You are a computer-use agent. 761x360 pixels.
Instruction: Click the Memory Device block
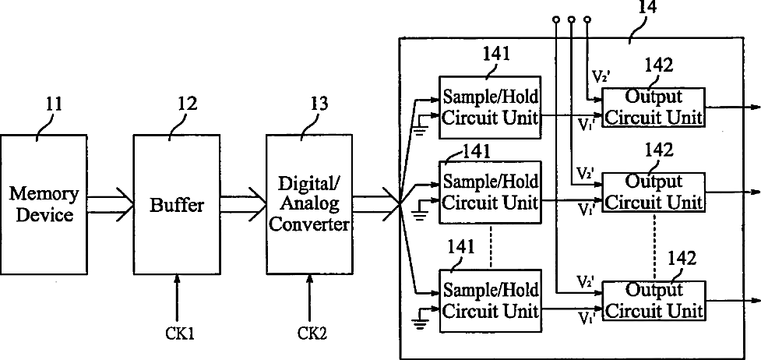44,204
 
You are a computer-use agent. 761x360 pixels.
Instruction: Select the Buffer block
177,204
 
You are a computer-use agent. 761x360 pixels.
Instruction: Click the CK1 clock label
180,334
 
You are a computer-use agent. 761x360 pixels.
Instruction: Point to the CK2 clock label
313,334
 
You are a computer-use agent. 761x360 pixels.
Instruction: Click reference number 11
54,104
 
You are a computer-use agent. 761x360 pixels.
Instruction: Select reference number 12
188,104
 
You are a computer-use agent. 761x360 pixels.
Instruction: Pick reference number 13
319,104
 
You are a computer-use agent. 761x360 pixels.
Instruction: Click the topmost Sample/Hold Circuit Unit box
489,107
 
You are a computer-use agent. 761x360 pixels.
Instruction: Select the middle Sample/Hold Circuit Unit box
489,192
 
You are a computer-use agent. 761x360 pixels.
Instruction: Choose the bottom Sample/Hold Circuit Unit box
489,301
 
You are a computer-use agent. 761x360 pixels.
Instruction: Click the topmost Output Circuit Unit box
653,108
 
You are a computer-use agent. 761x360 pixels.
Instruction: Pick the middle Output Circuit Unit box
653,192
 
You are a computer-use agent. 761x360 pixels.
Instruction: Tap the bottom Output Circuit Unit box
653,301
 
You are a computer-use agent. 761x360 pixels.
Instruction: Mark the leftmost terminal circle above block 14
556,19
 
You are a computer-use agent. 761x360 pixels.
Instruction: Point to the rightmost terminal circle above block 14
588,19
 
